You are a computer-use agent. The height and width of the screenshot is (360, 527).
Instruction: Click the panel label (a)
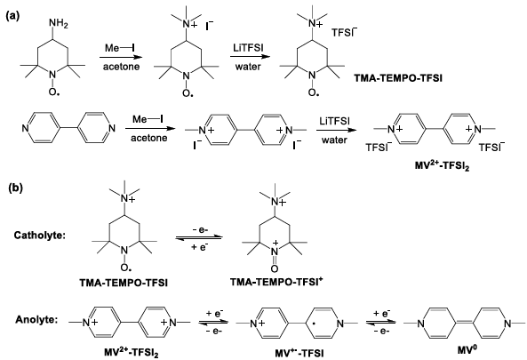tap(13, 17)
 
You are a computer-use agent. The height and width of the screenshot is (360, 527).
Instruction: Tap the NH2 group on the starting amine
tap(58, 23)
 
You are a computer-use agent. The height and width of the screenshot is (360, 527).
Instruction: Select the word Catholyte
tap(39, 236)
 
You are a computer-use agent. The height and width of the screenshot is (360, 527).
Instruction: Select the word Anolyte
tap(36, 319)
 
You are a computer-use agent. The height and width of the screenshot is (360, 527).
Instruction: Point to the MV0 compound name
tap(467, 349)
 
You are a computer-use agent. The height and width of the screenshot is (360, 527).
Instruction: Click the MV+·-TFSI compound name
tap(299, 353)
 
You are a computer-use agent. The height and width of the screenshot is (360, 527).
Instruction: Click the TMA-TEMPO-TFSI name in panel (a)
tap(398, 78)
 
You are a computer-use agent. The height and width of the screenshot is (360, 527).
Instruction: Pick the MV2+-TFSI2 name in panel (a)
tap(442, 165)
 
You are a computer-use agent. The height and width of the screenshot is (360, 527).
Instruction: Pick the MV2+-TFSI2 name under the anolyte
tap(131, 353)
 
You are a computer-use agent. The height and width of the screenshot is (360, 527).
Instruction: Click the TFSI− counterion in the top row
tap(344, 32)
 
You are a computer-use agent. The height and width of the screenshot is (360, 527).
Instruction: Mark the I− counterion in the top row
tap(210, 26)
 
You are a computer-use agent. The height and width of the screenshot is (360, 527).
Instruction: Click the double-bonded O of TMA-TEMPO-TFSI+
tap(275, 268)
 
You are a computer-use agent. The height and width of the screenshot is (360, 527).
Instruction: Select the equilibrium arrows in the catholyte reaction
tap(199, 237)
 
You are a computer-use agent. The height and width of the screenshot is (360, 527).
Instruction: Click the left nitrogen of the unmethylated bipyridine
tap(26, 128)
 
